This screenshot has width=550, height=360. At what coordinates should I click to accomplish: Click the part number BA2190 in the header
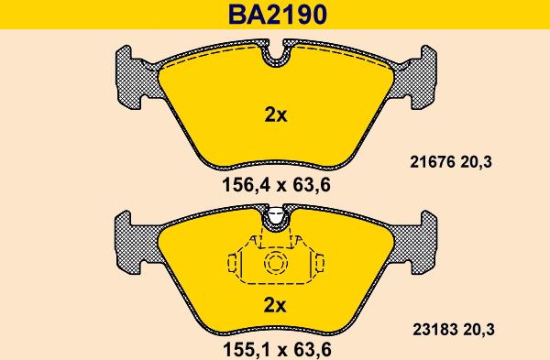coord(275,15)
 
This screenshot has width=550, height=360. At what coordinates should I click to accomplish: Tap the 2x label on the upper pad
coord(276,115)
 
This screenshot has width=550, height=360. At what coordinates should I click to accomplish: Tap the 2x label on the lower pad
coord(276,305)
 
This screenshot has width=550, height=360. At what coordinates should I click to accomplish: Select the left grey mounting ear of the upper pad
coord(135,78)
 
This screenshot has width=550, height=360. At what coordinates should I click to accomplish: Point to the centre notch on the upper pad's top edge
coord(276,57)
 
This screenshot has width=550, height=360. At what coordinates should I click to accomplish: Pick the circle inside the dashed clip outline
coord(276,265)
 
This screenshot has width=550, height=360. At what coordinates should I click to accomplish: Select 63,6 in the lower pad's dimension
coord(309,348)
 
